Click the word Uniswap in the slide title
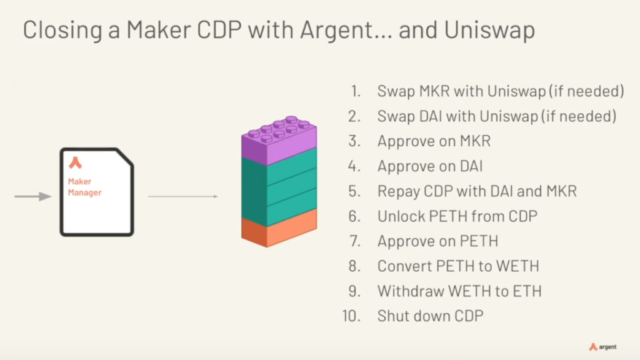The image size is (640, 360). (x=489, y=30)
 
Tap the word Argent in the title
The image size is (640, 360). (x=336, y=30)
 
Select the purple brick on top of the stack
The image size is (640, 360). (x=279, y=140)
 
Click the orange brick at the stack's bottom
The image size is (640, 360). (x=279, y=227)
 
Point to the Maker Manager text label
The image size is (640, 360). (x=84, y=187)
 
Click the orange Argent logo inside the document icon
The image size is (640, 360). (x=75, y=162)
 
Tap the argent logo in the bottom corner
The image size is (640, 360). (x=603, y=347)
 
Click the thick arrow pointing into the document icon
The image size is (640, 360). (x=33, y=196)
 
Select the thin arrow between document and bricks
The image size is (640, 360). (x=183, y=196)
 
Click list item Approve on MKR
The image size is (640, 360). (x=434, y=141)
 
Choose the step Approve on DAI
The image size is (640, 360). (x=430, y=166)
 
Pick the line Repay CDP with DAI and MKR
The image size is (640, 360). (x=477, y=191)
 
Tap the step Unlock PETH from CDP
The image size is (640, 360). (x=457, y=216)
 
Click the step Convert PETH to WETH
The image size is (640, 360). (x=458, y=266)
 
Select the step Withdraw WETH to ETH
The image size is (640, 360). (x=459, y=291)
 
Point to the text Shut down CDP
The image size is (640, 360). (x=431, y=316)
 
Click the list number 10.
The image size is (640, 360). (x=351, y=316)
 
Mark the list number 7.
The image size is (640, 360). (x=355, y=241)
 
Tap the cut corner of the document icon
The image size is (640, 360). (x=125, y=157)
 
